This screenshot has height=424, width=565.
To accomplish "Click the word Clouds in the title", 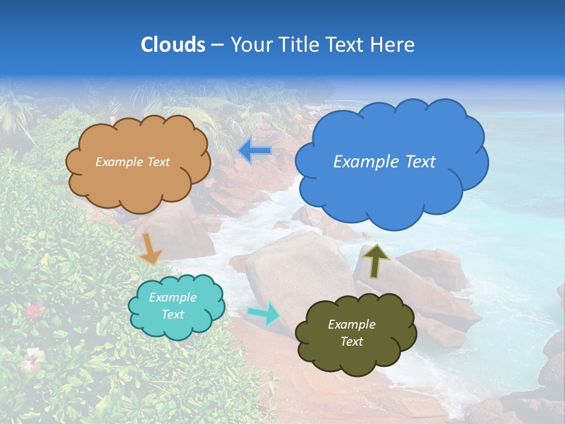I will click(172, 45).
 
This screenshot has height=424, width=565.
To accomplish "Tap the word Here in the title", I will click(393, 45).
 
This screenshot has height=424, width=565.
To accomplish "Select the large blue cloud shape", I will click(391, 188).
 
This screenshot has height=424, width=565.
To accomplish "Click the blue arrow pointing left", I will click(255, 150).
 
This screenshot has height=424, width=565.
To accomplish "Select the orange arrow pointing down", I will click(149, 248).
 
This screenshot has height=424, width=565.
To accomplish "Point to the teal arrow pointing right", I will click(264, 312).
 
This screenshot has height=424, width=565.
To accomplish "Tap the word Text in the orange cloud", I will click(158, 162).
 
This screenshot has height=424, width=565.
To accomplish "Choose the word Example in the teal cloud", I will click(172, 297).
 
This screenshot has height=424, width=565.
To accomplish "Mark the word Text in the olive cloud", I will click(351, 342).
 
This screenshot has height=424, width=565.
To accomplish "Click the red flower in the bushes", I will click(34, 310).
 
